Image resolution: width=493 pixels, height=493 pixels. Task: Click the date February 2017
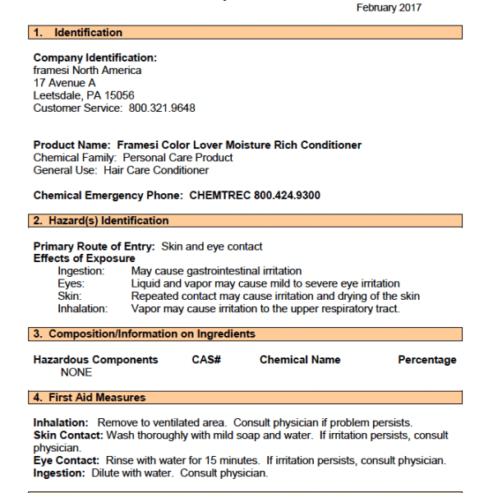(x=389, y=7)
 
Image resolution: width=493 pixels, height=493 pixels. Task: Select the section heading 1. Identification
(x=78, y=33)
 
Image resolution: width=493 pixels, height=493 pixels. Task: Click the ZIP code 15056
(x=119, y=95)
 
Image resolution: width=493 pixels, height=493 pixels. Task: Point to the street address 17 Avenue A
(x=64, y=83)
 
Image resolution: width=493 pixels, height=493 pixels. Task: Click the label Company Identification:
(x=94, y=58)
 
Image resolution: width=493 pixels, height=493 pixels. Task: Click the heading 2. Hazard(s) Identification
(x=101, y=221)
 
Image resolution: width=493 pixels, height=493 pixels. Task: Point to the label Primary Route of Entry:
(x=94, y=246)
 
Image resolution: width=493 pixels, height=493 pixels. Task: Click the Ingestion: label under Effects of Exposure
(x=81, y=271)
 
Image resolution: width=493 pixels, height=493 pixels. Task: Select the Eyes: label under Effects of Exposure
(x=72, y=283)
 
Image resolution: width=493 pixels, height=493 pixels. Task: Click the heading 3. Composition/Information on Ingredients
(x=144, y=334)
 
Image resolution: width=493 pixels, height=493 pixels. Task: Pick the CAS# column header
(x=206, y=360)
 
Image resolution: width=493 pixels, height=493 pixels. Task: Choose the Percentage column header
(x=427, y=360)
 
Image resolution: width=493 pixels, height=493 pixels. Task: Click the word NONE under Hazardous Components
(x=76, y=372)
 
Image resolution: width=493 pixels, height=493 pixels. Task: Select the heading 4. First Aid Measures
(x=90, y=398)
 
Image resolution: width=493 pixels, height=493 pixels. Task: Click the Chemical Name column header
(x=300, y=360)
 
